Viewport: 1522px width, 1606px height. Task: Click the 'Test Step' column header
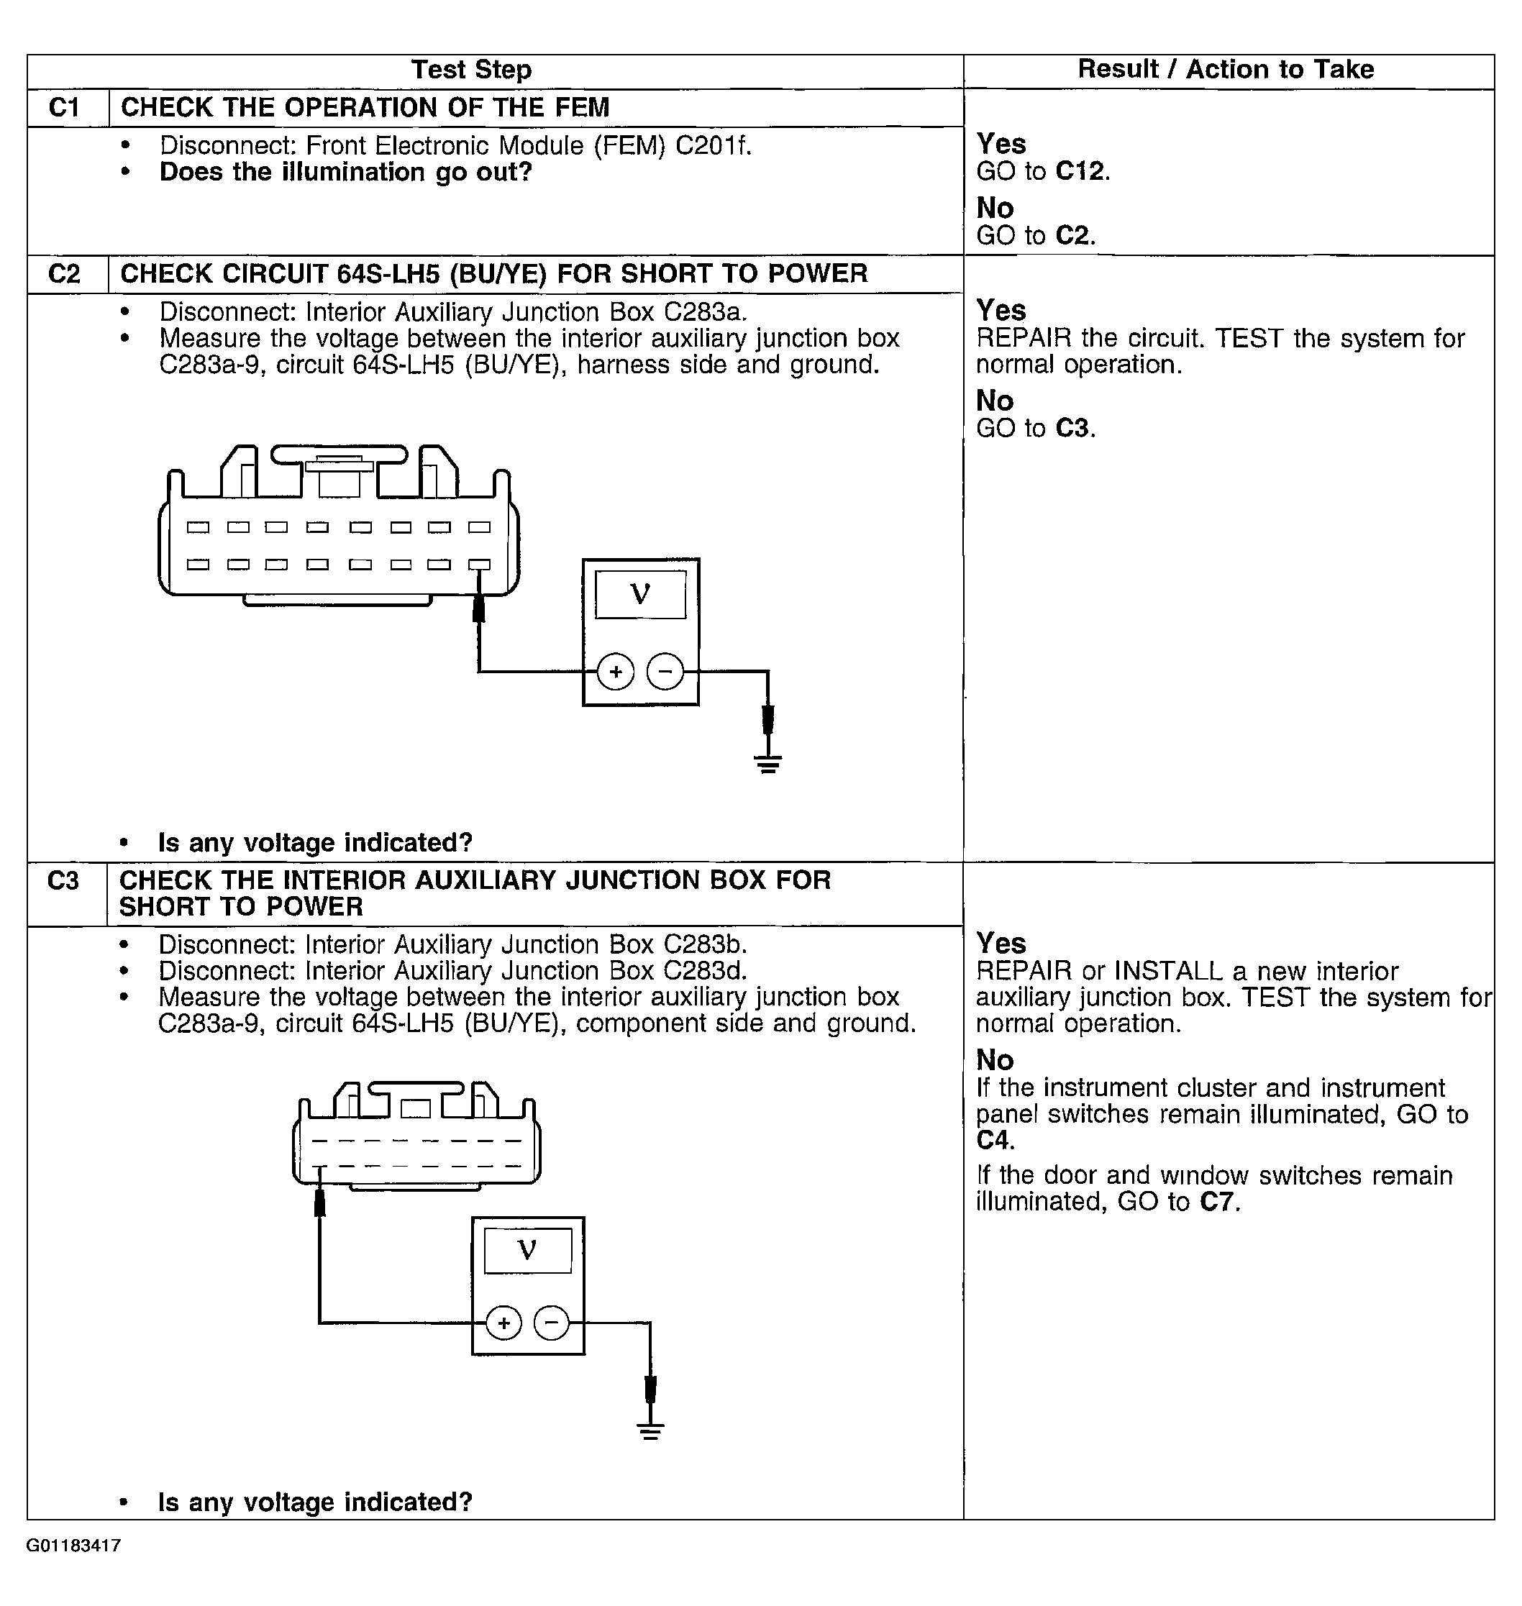point(471,70)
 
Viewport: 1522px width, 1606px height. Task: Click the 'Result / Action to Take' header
point(1226,70)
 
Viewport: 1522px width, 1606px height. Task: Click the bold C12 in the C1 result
point(1082,171)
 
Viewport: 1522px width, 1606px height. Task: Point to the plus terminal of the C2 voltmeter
point(616,672)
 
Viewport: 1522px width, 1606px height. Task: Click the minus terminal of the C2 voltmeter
point(665,672)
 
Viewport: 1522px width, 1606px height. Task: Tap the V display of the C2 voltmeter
point(640,595)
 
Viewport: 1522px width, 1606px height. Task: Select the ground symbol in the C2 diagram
point(768,763)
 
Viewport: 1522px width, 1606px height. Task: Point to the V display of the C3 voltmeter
point(527,1250)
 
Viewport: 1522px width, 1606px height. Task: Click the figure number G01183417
point(74,1546)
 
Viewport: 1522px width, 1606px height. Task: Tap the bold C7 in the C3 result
point(1218,1202)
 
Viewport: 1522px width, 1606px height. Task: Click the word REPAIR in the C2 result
point(1023,338)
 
